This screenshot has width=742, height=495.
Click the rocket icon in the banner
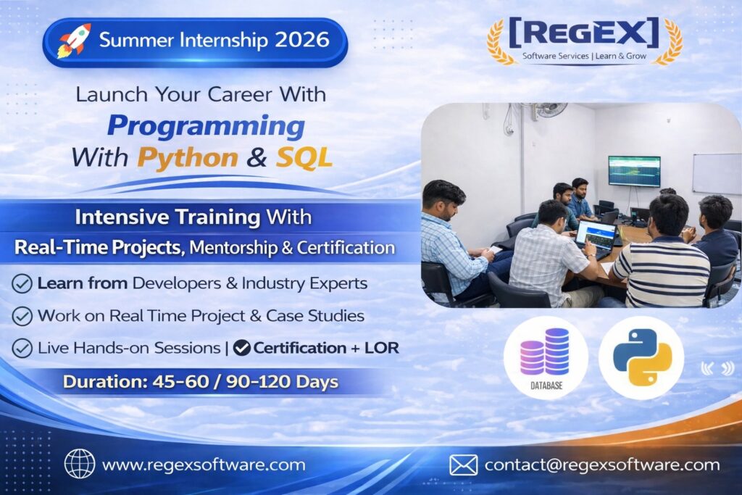tap(74, 41)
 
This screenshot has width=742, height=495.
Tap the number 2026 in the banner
tap(302, 40)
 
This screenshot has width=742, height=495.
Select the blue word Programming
tap(206, 127)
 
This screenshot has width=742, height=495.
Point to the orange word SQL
tap(304, 157)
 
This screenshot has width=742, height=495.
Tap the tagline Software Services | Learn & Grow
tap(584, 56)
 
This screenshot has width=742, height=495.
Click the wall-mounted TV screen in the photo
tap(634, 171)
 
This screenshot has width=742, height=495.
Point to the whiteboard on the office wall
tap(717, 173)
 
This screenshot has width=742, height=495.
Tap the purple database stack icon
tap(545, 352)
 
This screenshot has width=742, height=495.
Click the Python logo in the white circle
tap(642, 357)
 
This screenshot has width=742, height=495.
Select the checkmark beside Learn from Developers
tap(22, 283)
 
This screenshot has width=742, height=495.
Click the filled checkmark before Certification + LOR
tap(242, 348)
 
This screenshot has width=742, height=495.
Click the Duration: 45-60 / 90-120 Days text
tap(201, 382)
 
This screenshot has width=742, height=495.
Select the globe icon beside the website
tap(80, 464)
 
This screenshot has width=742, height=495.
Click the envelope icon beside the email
tap(463, 465)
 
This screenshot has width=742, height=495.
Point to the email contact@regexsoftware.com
tap(602, 465)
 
